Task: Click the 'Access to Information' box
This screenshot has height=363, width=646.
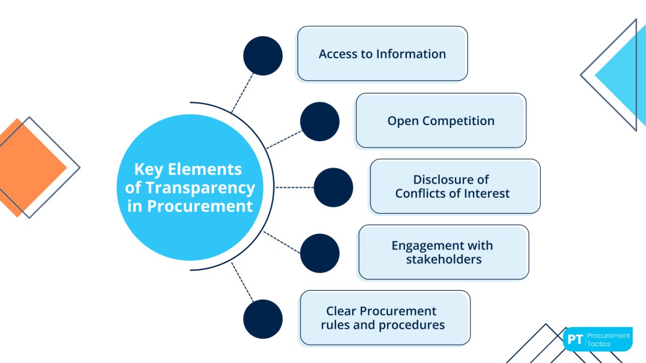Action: tap(382, 54)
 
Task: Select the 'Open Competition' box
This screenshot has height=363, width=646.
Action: tap(441, 121)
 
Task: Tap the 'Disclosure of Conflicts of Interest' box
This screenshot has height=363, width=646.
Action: tap(455, 187)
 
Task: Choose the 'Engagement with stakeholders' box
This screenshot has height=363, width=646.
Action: tap(443, 252)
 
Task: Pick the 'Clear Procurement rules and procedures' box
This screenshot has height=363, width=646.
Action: tap(385, 318)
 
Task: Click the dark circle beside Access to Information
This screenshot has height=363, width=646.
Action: tap(263, 56)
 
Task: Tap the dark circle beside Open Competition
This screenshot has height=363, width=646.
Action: tap(320, 122)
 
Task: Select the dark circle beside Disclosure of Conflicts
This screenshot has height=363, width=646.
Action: tap(334, 188)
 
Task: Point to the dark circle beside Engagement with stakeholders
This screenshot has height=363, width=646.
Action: tap(320, 253)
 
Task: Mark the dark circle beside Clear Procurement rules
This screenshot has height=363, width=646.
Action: tap(263, 319)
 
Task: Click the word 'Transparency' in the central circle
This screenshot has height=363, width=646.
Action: tap(200, 188)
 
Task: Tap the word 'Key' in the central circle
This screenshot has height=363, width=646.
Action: tap(149, 169)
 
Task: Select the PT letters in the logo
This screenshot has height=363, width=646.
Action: tap(575, 339)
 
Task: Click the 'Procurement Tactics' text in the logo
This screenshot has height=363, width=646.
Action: tap(609, 339)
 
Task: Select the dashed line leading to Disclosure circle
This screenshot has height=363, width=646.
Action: tap(295, 188)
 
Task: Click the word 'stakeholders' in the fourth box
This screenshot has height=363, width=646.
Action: tap(444, 259)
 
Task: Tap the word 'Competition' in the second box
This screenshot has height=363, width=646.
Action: tap(458, 121)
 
